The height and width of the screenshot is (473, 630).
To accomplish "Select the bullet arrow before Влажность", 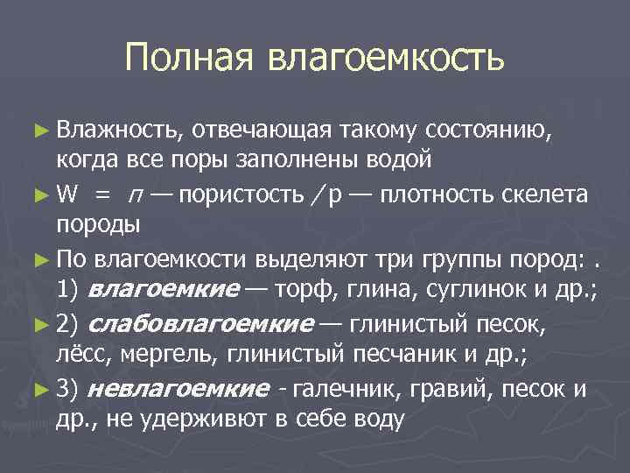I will tap(43, 131).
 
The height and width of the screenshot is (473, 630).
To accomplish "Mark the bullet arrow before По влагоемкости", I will tap(43, 259).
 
